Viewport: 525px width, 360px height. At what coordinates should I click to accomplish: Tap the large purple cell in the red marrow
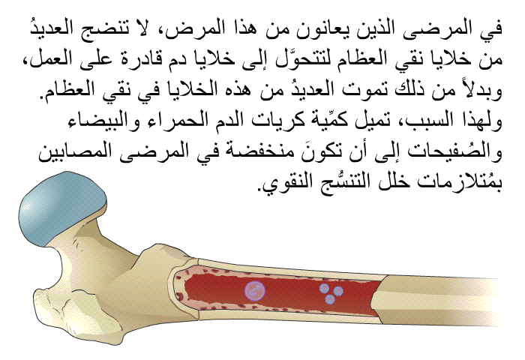pos(255,290)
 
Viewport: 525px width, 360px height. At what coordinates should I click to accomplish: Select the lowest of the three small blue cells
pos(331,299)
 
